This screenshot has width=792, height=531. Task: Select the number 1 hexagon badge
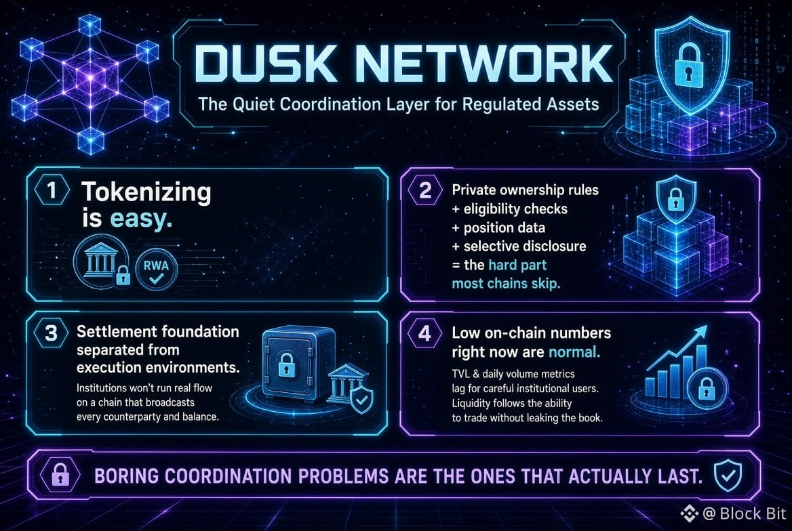point(52,191)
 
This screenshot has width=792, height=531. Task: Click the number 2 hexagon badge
point(425,190)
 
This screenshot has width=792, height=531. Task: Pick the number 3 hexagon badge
point(52,333)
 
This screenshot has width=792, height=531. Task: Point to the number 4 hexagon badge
point(425,333)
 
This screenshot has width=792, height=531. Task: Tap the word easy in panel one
point(141,219)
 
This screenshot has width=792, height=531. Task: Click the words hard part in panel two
point(517,265)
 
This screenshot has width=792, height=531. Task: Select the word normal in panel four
point(574,352)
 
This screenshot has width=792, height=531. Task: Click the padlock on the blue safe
point(287,364)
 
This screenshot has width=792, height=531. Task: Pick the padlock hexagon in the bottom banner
point(60,475)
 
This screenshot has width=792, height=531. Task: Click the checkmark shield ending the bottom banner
point(728,475)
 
